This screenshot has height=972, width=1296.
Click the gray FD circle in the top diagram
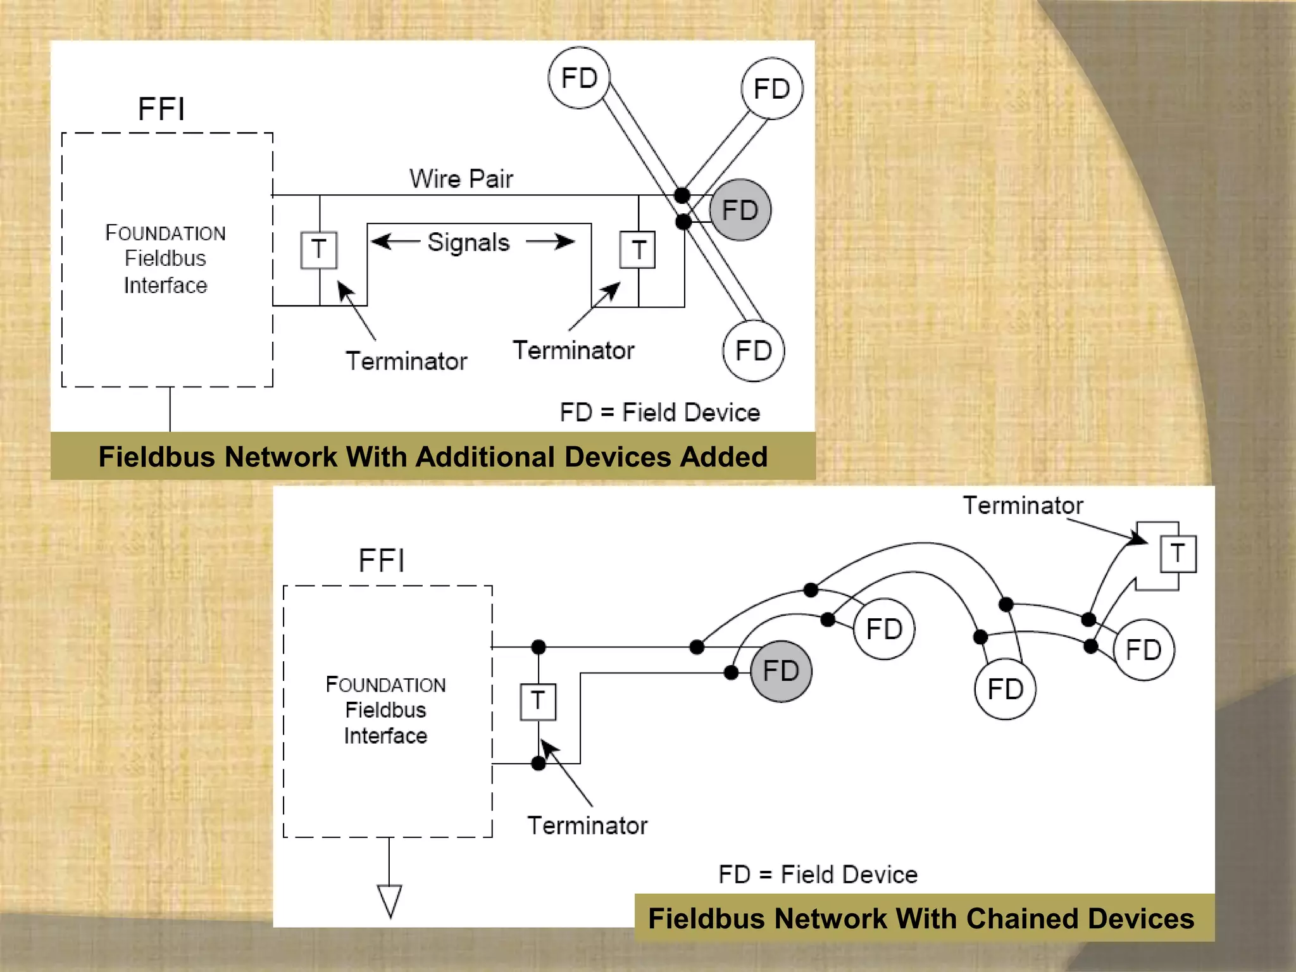point(740,210)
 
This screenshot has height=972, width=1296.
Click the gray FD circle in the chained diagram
point(781,671)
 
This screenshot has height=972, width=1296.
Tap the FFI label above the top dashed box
point(161,109)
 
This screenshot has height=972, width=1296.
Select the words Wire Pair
point(461,178)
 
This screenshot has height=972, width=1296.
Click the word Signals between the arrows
point(468,242)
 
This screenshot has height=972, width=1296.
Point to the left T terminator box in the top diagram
point(319,250)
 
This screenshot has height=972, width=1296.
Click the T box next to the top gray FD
point(637,250)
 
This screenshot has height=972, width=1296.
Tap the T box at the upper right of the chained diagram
point(1178,554)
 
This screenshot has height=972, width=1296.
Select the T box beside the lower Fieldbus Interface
point(538,701)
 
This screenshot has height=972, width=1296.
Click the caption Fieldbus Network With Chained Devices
point(921,918)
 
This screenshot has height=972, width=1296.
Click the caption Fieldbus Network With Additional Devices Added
point(433,456)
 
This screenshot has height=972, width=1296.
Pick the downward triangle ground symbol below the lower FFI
point(390,900)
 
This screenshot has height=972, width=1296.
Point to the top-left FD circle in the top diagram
point(579,78)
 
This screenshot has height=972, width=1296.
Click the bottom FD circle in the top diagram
point(753,351)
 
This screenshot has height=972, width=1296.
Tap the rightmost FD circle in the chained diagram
point(1143,650)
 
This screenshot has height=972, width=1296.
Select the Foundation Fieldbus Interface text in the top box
point(165,259)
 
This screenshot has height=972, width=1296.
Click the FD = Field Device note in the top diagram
point(659,413)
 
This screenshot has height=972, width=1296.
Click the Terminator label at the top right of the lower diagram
point(1023,506)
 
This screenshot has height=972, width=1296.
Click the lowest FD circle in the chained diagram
point(1005,689)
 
